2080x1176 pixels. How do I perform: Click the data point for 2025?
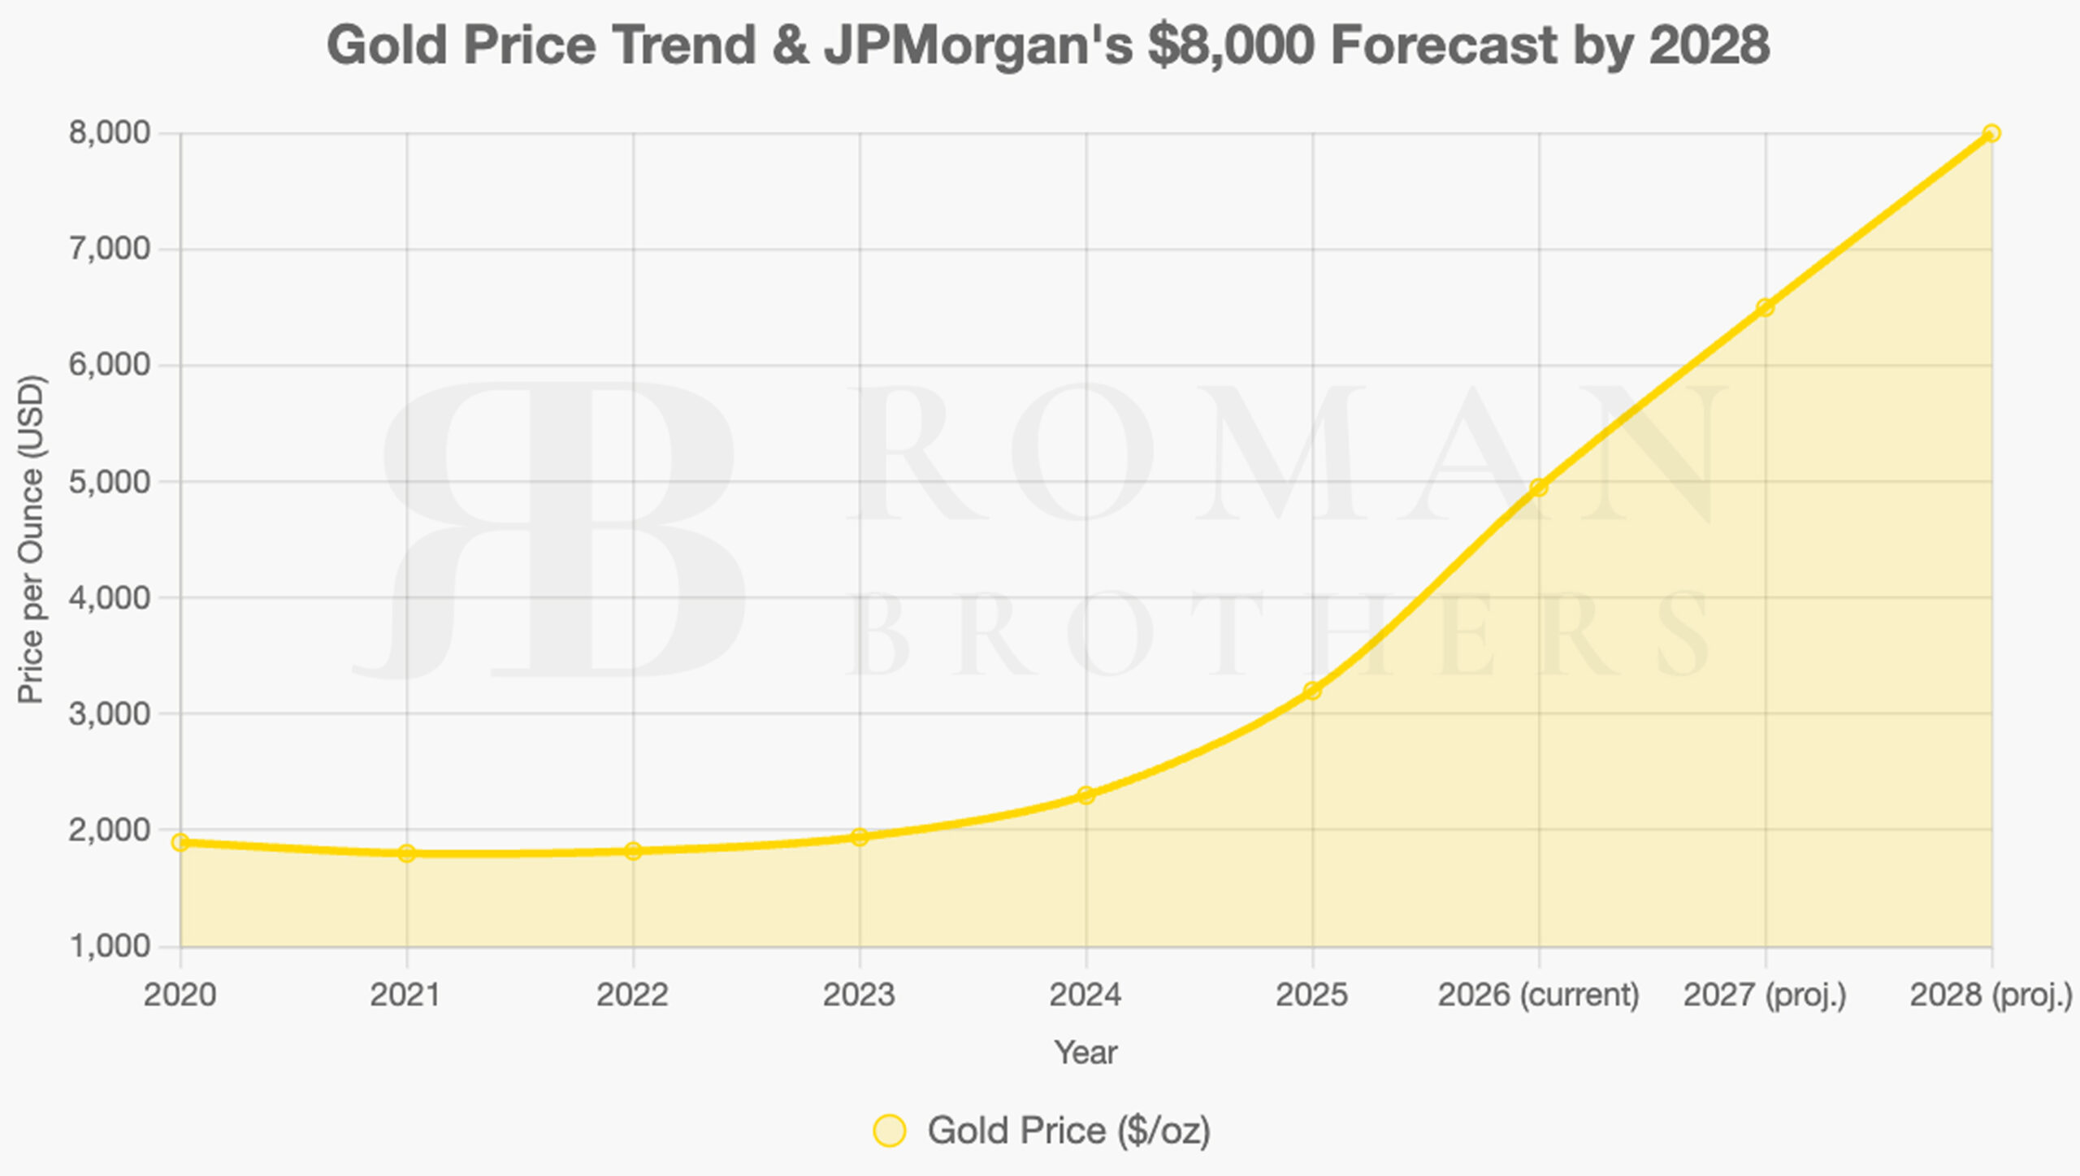coord(1312,691)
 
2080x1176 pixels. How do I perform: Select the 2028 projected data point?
coord(1991,133)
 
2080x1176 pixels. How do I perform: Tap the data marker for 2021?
coord(407,853)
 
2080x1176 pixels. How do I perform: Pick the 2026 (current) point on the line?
coord(1539,488)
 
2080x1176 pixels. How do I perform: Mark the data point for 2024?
coord(1086,795)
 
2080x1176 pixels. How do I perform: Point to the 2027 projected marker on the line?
coord(1765,307)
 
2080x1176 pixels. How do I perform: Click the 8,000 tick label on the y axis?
coord(110,132)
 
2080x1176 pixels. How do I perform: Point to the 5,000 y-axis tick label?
coord(110,482)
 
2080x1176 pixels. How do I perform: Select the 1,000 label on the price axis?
coord(110,946)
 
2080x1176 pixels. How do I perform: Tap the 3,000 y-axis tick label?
coord(110,714)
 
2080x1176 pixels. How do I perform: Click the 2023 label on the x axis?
coord(859,995)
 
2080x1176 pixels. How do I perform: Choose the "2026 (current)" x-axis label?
coord(1538,995)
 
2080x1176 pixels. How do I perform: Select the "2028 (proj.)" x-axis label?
coord(1991,995)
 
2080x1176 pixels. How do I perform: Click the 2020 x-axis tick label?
coord(180,995)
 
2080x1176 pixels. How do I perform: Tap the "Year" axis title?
coord(1085,1052)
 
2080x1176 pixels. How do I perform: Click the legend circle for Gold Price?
coord(889,1130)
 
